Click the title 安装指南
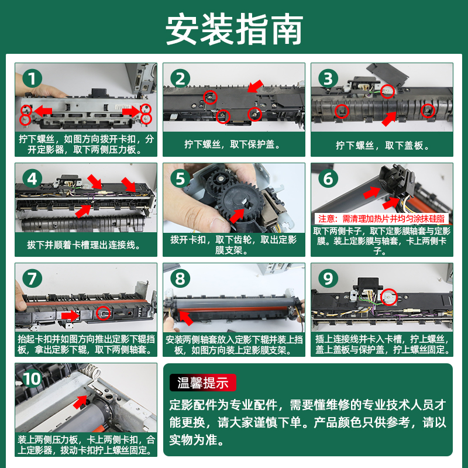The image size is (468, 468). pos(235,29)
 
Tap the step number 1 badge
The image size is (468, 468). pos(32,78)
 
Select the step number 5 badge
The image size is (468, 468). pos(180,178)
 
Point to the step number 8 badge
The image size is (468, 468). pos(180,278)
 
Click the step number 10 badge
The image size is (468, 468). pos(32,378)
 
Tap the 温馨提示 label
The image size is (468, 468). pos(202,383)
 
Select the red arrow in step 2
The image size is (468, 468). pos(255,86)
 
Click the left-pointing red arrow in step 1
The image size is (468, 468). pos(43,111)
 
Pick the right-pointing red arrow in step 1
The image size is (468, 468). pos(131,112)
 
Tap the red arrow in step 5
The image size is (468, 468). pos(237,215)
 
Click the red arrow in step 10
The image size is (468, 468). pos(80,402)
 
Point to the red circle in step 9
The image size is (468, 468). pos(388,297)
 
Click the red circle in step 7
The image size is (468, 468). pos(103,313)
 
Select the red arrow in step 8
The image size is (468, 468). pos(185,318)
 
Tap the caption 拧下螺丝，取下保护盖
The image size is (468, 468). pos(233,144)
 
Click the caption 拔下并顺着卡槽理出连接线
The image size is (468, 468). pos(84,245)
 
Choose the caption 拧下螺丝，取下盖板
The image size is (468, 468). pos(383,145)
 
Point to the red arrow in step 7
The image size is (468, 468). pos(70,316)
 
